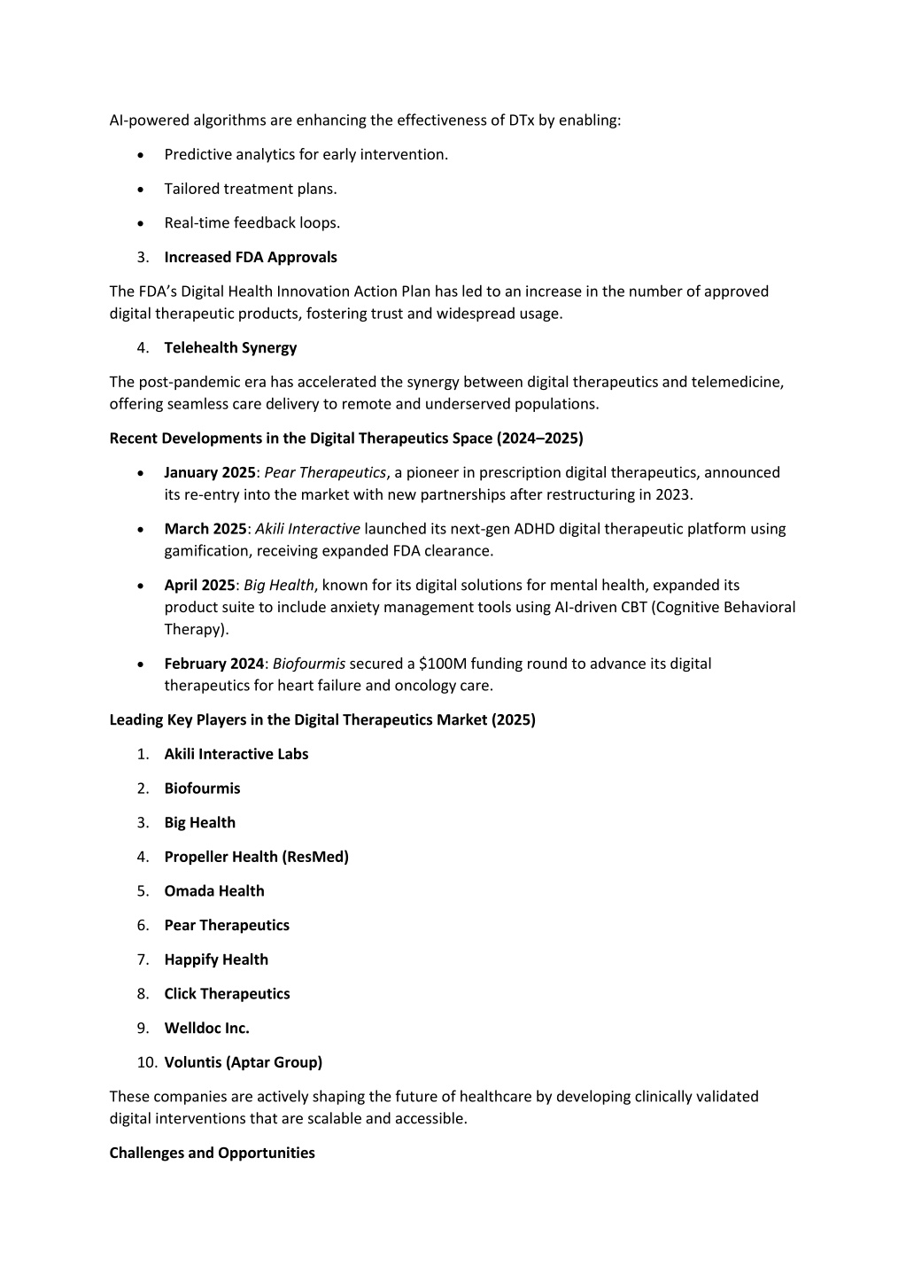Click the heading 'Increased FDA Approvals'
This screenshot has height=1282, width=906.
pyautogui.click(x=251, y=257)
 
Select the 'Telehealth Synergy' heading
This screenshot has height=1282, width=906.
pyautogui.click(x=230, y=347)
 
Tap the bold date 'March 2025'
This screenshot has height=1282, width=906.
pyautogui.click(x=205, y=529)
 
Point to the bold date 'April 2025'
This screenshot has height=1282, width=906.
pyautogui.click(x=199, y=585)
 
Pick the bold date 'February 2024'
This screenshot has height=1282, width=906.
pyautogui.click(x=213, y=664)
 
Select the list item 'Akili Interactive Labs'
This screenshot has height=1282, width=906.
pyautogui.click(x=236, y=754)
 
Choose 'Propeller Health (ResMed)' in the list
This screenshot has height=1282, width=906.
pyautogui.click(x=256, y=857)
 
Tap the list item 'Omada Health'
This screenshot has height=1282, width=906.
pyautogui.click(x=214, y=891)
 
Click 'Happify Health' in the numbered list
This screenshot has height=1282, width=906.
pyautogui.click(x=216, y=960)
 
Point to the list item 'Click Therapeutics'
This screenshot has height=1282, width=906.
pyautogui.click(x=227, y=994)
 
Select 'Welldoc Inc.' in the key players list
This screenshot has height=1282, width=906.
pyautogui.click(x=206, y=1029)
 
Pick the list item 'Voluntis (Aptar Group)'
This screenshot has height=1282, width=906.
pyautogui.click(x=243, y=1062)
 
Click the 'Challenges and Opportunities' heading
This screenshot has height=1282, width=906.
pyautogui.click(x=212, y=1153)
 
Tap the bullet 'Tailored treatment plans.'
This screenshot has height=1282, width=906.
pyautogui.click(x=251, y=189)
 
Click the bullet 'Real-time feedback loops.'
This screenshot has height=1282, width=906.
pyautogui.click(x=252, y=222)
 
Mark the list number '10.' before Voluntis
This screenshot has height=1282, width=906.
pyautogui.click(x=147, y=1062)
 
